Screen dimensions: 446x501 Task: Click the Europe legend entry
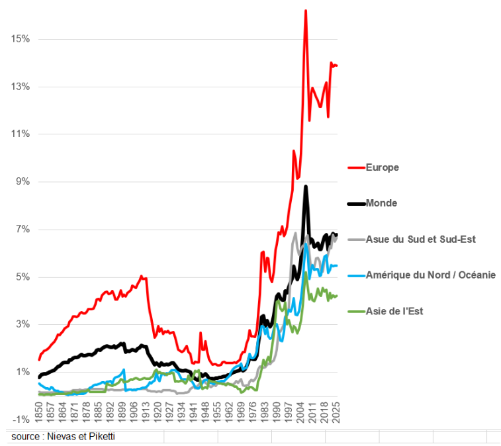[x=382, y=167]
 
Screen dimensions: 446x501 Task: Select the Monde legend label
[x=381, y=203]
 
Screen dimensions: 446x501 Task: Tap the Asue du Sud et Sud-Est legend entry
[x=420, y=239]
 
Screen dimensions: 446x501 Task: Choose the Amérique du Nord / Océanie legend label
[x=430, y=275]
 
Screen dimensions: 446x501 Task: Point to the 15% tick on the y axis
[x=21, y=39]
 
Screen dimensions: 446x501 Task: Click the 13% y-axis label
[x=21, y=87]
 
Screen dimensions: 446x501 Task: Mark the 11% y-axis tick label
[x=21, y=134]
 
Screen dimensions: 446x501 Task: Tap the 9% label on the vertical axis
[x=23, y=182]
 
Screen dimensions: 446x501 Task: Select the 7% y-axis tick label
[x=23, y=230]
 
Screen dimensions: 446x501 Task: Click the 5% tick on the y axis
[x=23, y=277]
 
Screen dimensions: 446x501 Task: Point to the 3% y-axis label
[x=23, y=325]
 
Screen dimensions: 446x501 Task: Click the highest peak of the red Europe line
[x=305, y=11]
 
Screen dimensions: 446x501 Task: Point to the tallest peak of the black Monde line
[x=306, y=187]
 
